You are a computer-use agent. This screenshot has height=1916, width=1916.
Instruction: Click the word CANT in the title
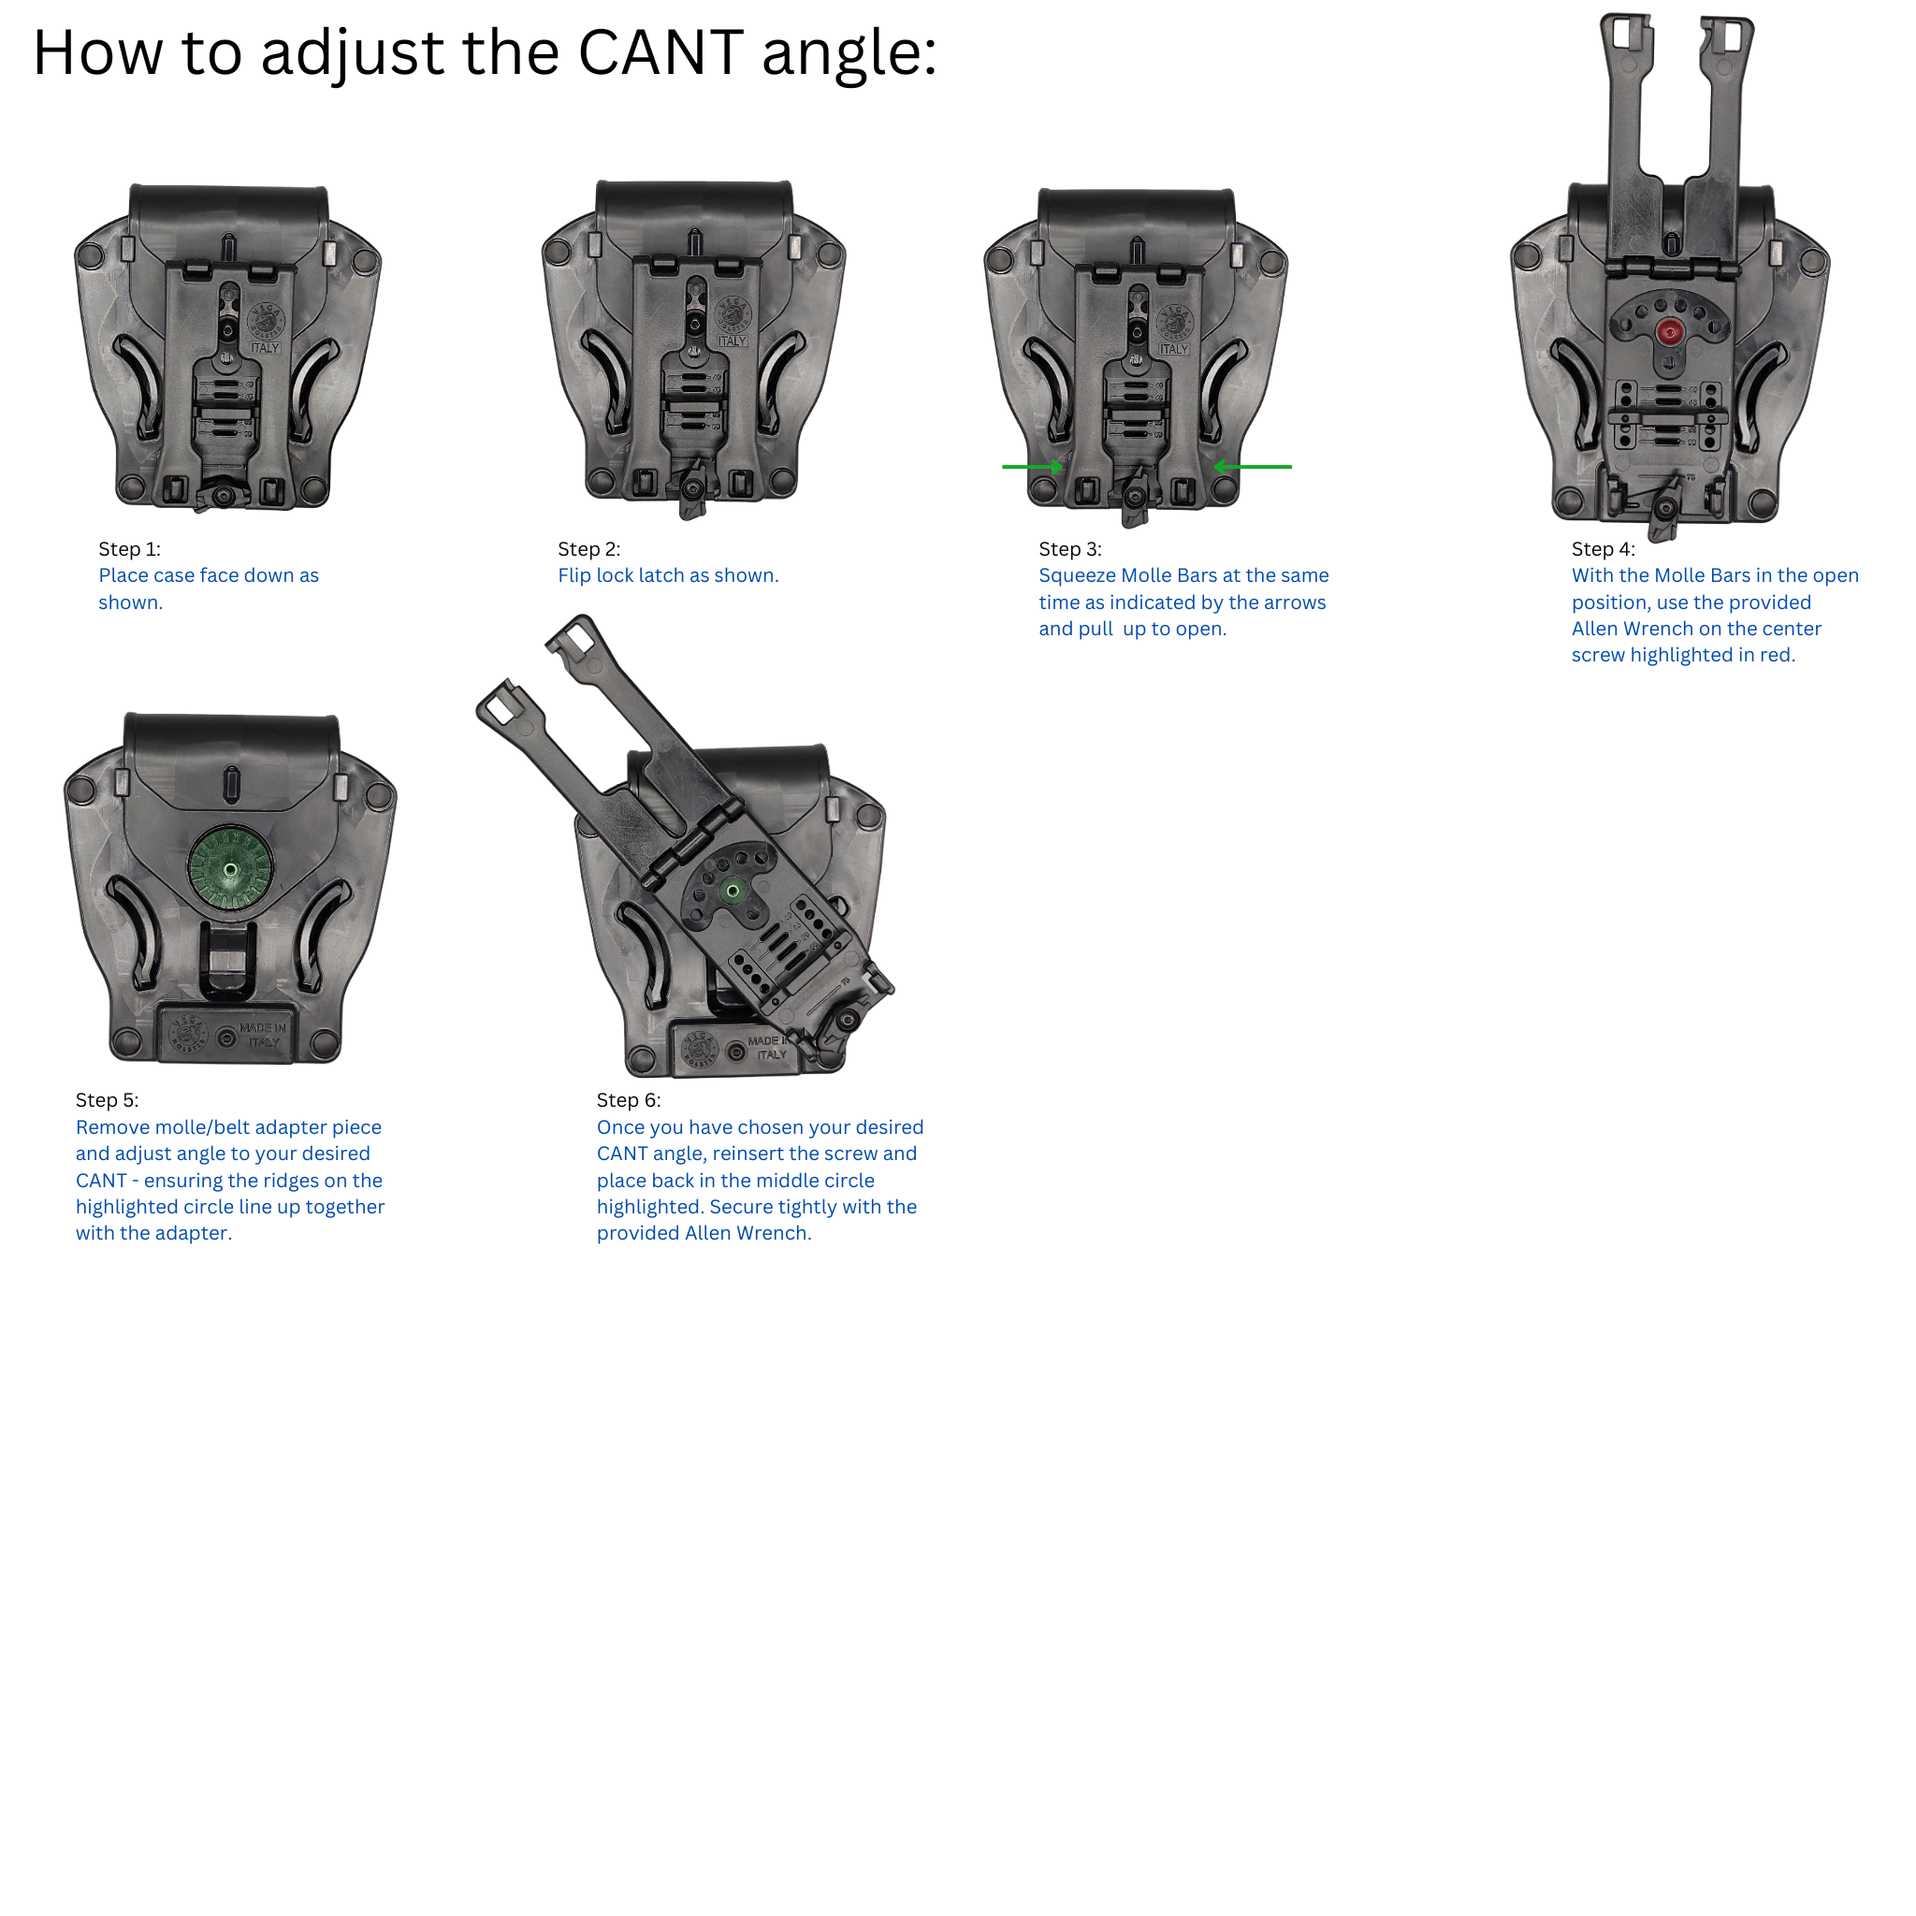click(660, 52)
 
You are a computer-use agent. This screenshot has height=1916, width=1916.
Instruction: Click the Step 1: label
click(129, 549)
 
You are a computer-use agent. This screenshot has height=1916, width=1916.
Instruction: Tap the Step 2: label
click(589, 549)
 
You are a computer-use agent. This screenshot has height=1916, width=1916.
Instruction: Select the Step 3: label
click(1070, 549)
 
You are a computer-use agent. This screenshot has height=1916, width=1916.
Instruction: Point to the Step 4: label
click(1604, 549)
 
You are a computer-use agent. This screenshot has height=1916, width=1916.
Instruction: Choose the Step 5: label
click(107, 1100)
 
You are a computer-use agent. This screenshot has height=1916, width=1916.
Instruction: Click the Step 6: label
click(629, 1100)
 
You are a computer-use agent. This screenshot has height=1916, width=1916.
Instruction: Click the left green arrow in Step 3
click(1033, 466)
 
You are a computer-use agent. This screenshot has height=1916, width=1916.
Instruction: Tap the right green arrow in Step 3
click(1253, 466)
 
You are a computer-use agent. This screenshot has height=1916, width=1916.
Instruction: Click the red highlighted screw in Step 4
click(1670, 333)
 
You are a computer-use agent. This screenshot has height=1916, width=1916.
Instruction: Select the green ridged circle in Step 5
click(230, 869)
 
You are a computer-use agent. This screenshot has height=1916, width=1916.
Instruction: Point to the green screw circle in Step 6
click(733, 891)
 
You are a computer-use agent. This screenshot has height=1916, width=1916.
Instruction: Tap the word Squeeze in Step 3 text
click(1077, 577)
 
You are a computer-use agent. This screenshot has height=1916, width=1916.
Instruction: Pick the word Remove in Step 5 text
click(112, 1127)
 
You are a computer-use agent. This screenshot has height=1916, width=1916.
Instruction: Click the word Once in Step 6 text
click(621, 1127)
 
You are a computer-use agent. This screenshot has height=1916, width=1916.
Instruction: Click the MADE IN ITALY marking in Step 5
click(262, 1036)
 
